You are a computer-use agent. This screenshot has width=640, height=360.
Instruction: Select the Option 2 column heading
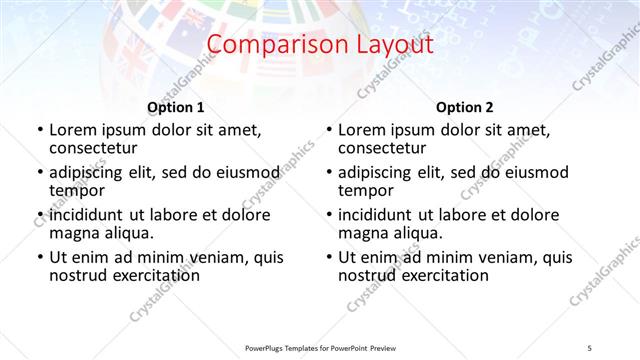pyautogui.click(x=465, y=107)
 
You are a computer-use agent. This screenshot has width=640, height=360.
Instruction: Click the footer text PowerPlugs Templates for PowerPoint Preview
pyautogui.click(x=320, y=347)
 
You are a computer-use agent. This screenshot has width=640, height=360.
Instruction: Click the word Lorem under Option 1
pyautogui.click(x=73, y=129)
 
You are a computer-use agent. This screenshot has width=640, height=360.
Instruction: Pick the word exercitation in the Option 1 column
pyautogui.click(x=155, y=276)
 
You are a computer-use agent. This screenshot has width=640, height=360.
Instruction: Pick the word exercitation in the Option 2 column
pyautogui.click(x=445, y=276)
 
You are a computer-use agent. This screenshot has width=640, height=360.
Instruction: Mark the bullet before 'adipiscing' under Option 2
pyautogui.click(x=329, y=172)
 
